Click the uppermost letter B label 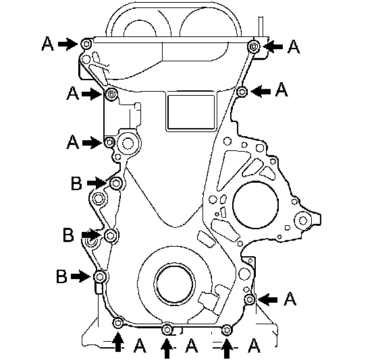pos(76,183)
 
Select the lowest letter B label pos(61,276)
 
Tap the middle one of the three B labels pos(68,235)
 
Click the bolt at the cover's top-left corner pos(86,44)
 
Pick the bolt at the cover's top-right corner pos(254,46)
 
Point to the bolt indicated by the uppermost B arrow pos(116,183)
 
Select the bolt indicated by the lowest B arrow pos(100,276)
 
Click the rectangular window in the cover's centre pos(191,112)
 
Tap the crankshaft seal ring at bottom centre pos(175,283)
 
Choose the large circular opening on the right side pos(256,204)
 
